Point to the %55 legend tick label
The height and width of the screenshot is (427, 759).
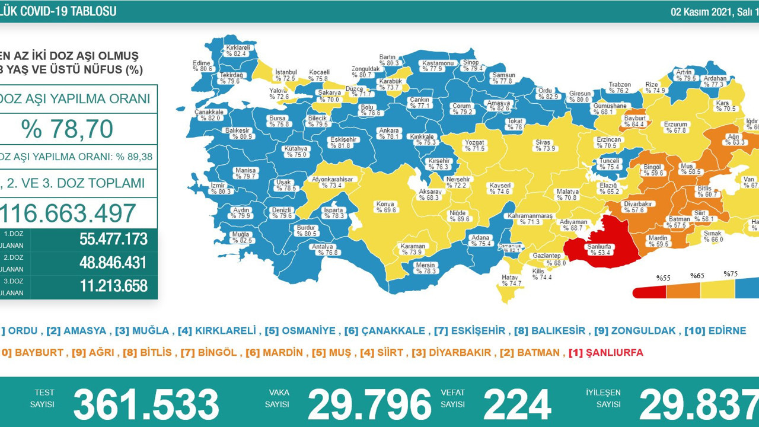coord(662,278)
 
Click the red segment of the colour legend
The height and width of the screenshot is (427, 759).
coord(650,292)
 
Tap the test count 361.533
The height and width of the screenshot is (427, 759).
coord(146,405)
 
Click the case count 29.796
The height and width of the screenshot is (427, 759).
coord(369,405)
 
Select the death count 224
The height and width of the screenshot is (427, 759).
coord(517,405)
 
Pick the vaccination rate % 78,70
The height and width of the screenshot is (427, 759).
coord(67,129)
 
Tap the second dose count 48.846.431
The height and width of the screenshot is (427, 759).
coord(113,262)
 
